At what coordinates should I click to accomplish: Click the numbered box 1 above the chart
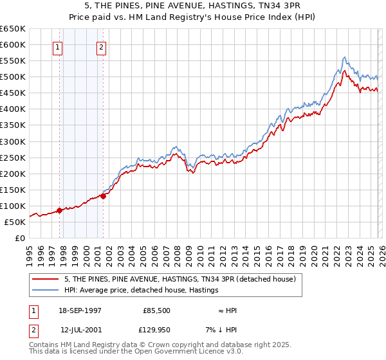pyautogui.click(x=58, y=46)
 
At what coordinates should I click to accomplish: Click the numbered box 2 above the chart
pyautogui.click(x=102, y=46)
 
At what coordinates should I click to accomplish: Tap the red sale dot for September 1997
pyautogui.click(x=59, y=210)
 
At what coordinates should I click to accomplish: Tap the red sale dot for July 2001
pyautogui.click(x=103, y=196)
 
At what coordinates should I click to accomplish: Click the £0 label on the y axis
pyautogui.click(x=19, y=238)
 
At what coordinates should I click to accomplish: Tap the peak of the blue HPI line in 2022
pyautogui.click(x=345, y=57)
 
